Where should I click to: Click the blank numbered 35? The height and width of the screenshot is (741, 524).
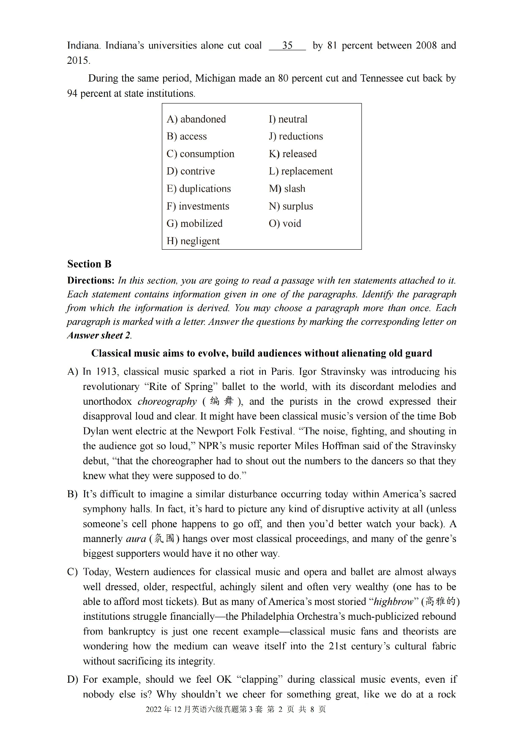coord(287,46)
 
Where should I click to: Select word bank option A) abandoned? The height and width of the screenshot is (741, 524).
coord(196,119)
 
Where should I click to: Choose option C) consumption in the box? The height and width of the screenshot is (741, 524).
coord(200,154)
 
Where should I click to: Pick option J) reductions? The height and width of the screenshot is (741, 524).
coord(296,136)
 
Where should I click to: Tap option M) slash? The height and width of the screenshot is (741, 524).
coord(287,189)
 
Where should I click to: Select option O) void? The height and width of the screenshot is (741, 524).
coord(285,223)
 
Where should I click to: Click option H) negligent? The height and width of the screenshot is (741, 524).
coord(193,241)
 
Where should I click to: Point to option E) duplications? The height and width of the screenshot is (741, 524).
coord(199,189)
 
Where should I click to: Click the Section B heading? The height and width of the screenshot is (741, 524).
coord(89,264)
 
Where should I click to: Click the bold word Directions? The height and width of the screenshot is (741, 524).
coord(91,281)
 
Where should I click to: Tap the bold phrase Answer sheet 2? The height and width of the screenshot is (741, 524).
coord(98,335)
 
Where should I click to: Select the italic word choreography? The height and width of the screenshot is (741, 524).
coord(167,401)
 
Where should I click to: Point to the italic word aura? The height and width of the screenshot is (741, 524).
coord(136,539)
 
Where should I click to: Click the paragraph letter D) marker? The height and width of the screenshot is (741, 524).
coord(73,680)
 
